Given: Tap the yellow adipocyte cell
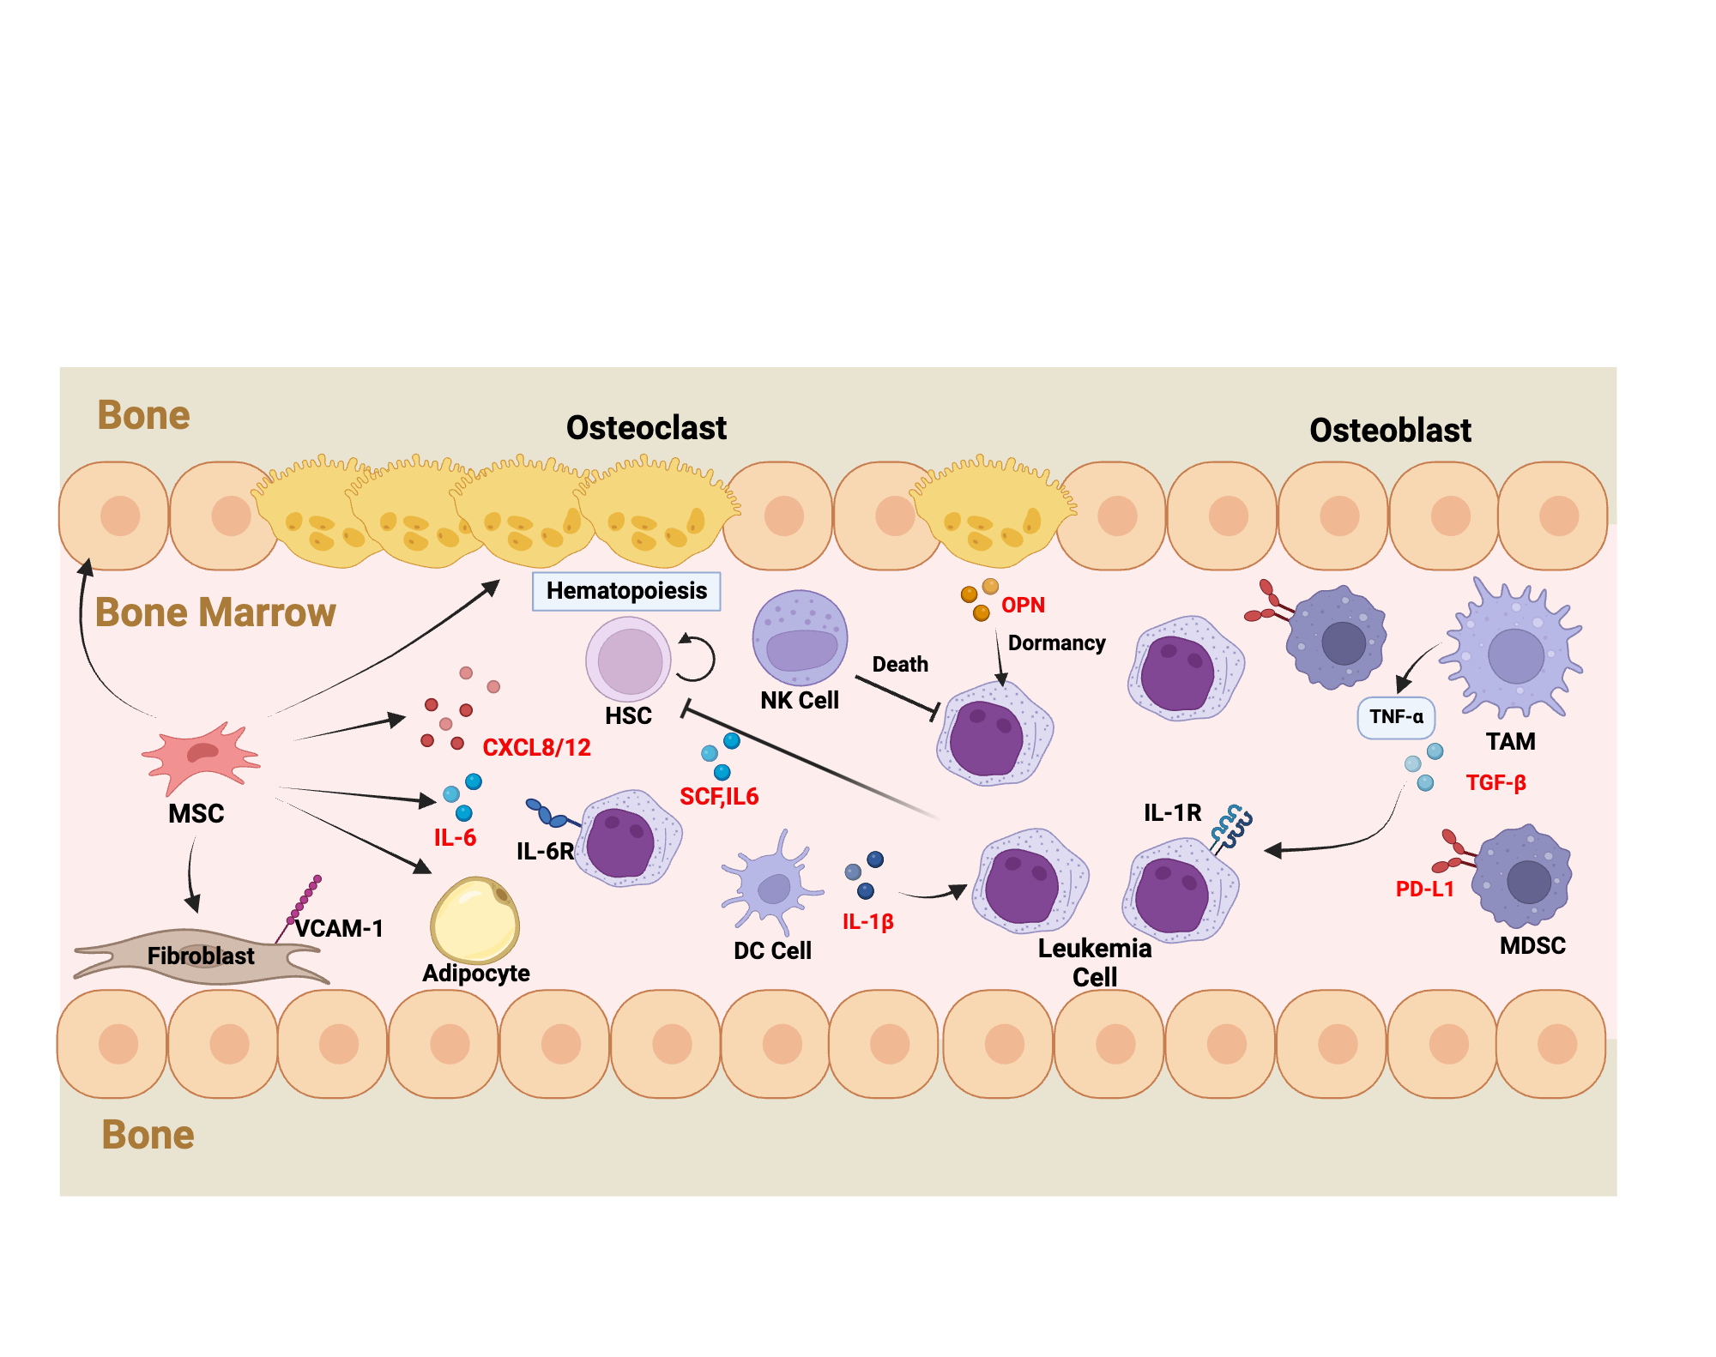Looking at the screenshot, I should point(474,920).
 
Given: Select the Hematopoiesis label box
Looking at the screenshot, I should point(626,591).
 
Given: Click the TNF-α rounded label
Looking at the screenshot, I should point(1396,717).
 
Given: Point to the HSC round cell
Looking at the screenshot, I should point(629,660).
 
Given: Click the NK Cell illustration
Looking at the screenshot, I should point(800,638).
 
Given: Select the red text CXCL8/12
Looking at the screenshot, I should point(536,748).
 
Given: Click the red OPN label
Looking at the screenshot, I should point(1023,606).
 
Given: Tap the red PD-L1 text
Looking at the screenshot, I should point(1424,890).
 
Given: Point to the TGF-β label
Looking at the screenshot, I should point(1495,783).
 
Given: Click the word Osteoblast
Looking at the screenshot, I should point(1390,431).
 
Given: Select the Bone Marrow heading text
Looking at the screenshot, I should point(214,612).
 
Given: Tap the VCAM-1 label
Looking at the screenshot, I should point(339,928).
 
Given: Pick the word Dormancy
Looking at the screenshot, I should point(1056,643).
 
